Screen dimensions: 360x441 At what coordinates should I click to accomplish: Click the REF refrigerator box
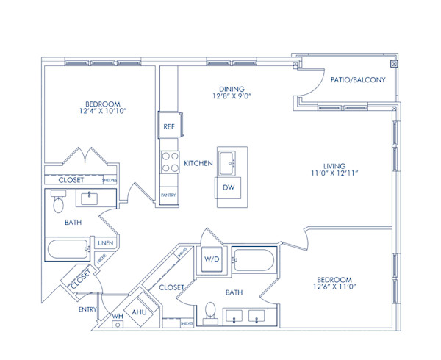[168, 126]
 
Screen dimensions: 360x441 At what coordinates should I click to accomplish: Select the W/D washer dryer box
[212, 259]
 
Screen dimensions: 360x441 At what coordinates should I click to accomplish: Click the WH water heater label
[117, 317]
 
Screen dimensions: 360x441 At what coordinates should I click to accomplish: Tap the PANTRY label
[168, 195]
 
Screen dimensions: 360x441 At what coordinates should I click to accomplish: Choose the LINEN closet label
[104, 243]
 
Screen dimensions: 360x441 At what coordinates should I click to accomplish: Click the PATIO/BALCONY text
[357, 80]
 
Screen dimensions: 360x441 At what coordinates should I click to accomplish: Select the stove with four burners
[169, 161]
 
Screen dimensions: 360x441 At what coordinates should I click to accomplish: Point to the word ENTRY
[87, 309]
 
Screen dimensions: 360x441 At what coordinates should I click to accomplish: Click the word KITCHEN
[198, 162]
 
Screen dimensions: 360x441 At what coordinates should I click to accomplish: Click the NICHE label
[101, 259]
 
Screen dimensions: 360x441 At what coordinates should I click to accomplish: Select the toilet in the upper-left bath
[59, 202]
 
